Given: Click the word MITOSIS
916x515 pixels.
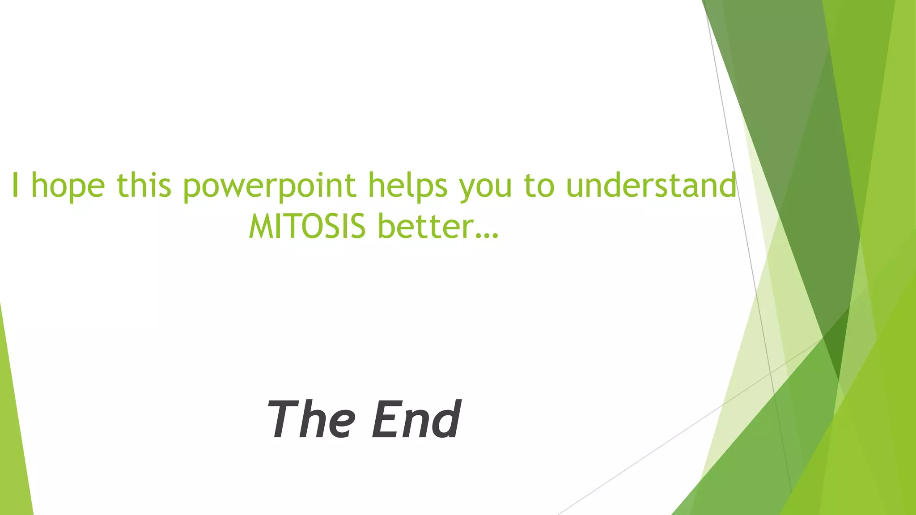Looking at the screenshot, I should click(x=307, y=226).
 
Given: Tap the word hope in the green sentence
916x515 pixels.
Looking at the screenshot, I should click(x=68, y=186).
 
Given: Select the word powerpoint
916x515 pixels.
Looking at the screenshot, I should click(x=269, y=186).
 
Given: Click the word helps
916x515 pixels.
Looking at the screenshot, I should click(x=407, y=186).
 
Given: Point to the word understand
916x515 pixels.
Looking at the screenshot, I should click(x=651, y=185).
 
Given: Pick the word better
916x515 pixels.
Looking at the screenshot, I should click(x=425, y=226).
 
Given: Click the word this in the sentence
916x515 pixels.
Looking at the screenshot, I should click(x=144, y=185).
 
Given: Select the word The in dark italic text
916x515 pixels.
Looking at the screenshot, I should click(x=311, y=419).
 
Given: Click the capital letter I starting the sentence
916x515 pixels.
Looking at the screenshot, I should click(x=15, y=185).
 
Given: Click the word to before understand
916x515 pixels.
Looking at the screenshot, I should click(x=539, y=185).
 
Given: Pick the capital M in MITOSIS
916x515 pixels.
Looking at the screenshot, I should click(x=262, y=226).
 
